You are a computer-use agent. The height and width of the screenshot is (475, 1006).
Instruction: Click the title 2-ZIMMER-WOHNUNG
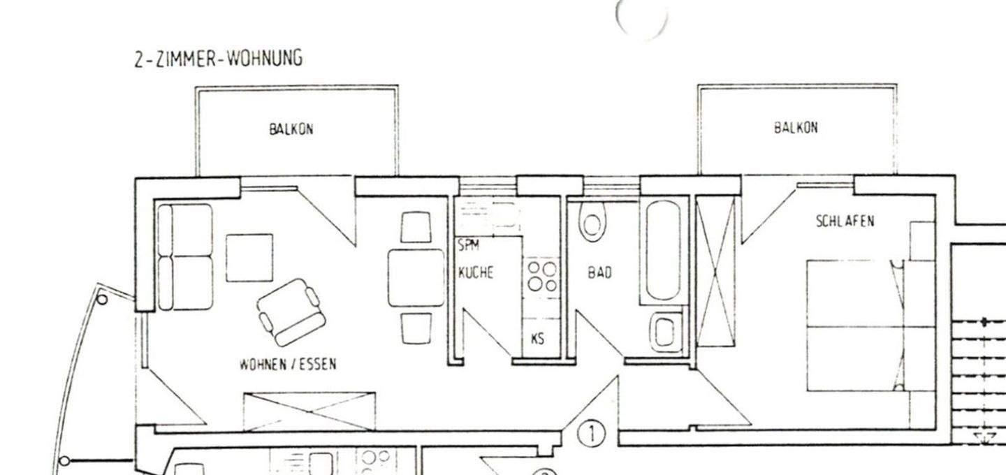(x=219, y=59)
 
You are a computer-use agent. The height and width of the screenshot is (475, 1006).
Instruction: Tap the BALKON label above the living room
(x=291, y=129)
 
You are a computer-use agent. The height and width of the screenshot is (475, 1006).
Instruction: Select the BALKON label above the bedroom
(x=795, y=128)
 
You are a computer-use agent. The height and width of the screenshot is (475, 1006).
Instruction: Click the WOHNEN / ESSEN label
(x=288, y=364)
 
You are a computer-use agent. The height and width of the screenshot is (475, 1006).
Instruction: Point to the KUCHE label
(x=475, y=272)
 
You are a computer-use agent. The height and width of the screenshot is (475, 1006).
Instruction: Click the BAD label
(x=599, y=273)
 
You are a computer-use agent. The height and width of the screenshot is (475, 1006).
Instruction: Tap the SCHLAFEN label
(x=845, y=221)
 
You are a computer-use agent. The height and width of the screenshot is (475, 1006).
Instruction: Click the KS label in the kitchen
(x=537, y=339)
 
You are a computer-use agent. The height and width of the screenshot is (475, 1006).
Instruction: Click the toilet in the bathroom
(x=592, y=221)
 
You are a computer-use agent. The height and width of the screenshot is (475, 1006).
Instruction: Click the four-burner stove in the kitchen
(x=541, y=277)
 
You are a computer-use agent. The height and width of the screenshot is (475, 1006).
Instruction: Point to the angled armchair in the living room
(x=291, y=311)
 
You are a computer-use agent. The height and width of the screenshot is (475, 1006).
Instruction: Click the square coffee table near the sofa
(x=249, y=258)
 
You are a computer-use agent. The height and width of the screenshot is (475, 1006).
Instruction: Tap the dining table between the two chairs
(x=416, y=277)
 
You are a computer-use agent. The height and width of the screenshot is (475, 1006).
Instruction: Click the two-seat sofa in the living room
(x=185, y=256)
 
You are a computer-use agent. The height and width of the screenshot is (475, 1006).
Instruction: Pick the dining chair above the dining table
(x=417, y=227)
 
